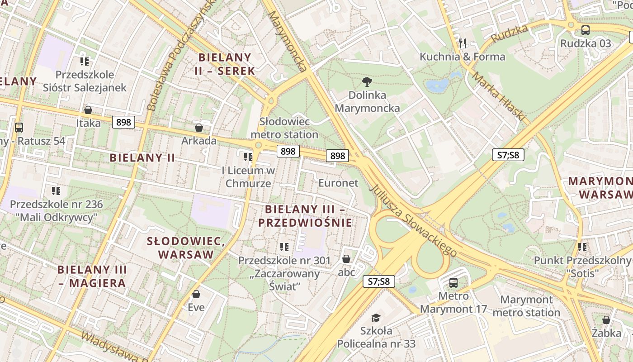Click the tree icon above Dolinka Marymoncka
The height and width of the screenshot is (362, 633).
coord(367,82)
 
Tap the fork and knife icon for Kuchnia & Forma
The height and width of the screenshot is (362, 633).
coord(462,43)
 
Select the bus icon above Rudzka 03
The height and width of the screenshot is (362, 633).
coord(586,30)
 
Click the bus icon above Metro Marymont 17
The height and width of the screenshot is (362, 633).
coord(453,283)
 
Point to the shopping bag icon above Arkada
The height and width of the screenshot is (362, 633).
coord(198,128)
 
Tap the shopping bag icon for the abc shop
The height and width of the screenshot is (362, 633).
coord(346,259)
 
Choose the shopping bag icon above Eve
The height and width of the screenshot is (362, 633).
coord(196,294)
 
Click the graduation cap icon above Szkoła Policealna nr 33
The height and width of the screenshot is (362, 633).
coord(376,318)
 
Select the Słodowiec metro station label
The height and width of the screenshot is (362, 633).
coord(284,128)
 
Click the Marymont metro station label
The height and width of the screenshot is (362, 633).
coord(526,306)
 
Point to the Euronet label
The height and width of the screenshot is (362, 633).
coord(338,183)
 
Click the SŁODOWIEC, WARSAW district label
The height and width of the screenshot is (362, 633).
coord(186,247)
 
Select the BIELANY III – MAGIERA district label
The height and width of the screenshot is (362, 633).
coord(92,276)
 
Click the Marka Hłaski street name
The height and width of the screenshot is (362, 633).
coord(499,96)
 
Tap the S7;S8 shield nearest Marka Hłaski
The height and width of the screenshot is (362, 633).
coord(508,155)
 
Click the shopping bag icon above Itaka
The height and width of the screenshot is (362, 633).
coord(88,110)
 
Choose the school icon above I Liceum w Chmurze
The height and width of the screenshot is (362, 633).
coord(248,157)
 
